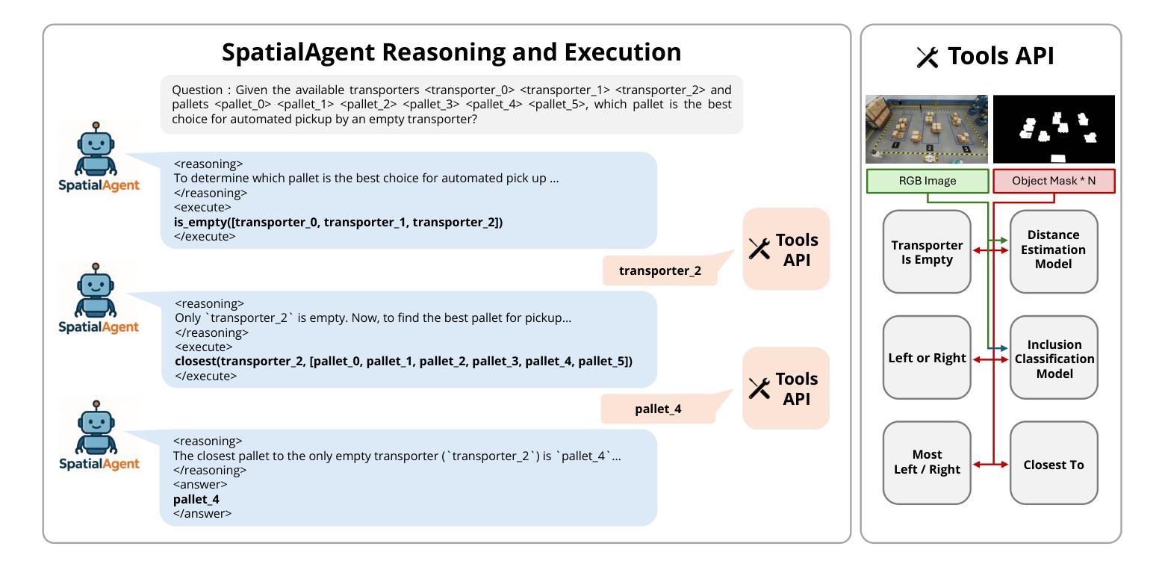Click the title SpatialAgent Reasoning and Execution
click(451, 52)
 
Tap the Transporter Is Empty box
click(927, 252)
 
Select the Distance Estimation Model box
click(1054, 252)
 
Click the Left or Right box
click(927, 358)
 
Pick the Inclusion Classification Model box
click(1054, 358)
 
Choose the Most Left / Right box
click(927, 462)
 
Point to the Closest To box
click(1054, 462)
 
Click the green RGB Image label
click(927, 181)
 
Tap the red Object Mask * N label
click(1054, 181)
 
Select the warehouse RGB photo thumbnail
click(927, 129)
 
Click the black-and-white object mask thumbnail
click(1054, 129)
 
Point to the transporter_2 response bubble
click(660, 270)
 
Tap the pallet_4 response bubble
click(658, 409)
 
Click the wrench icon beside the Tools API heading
click(928, 57)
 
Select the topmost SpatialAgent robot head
click(96, 143)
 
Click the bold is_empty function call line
click(338, 222)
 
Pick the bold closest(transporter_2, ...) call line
click(403, 361)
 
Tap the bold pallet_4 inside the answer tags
click(196, 499)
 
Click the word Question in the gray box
click(197, 90)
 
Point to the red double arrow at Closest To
click(990, 465)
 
